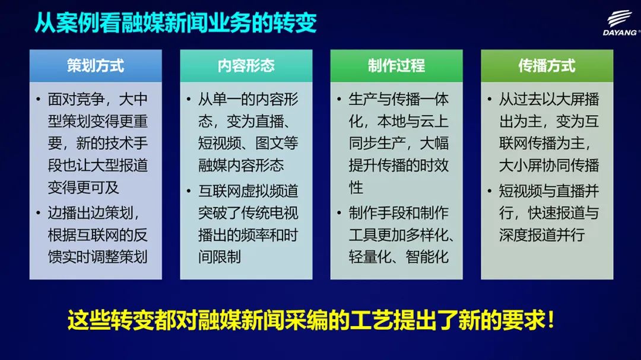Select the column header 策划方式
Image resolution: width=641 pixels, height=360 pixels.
(96, 65)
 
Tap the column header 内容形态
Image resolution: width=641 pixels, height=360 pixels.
(246, 65)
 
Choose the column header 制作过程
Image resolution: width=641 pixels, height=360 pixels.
(396, 65)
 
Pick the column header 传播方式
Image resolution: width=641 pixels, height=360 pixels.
(547, 65)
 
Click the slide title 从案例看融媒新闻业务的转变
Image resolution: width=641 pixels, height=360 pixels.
(175, 23)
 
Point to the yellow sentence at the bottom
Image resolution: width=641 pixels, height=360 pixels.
(311, 320)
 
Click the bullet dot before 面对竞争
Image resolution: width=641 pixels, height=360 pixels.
(38, 99)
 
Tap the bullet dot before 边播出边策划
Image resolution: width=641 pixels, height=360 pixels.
(38, 213)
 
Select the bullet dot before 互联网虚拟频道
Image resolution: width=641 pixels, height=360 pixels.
(189, 191)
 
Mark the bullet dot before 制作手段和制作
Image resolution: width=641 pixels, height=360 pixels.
(339, 213)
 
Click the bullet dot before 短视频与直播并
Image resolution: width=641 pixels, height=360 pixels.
(489, 191)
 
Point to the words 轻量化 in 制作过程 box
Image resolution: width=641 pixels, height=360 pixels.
(370, 257)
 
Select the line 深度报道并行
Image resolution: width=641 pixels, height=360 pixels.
(542, 235)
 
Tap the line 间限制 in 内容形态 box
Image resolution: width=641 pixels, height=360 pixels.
(220, 257)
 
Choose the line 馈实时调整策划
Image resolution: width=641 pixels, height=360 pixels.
(97, 257)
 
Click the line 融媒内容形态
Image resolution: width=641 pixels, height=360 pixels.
(241, 165)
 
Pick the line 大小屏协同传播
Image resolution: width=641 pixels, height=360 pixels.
(549, 165)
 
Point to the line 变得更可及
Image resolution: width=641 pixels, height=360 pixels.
(84, 187)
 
